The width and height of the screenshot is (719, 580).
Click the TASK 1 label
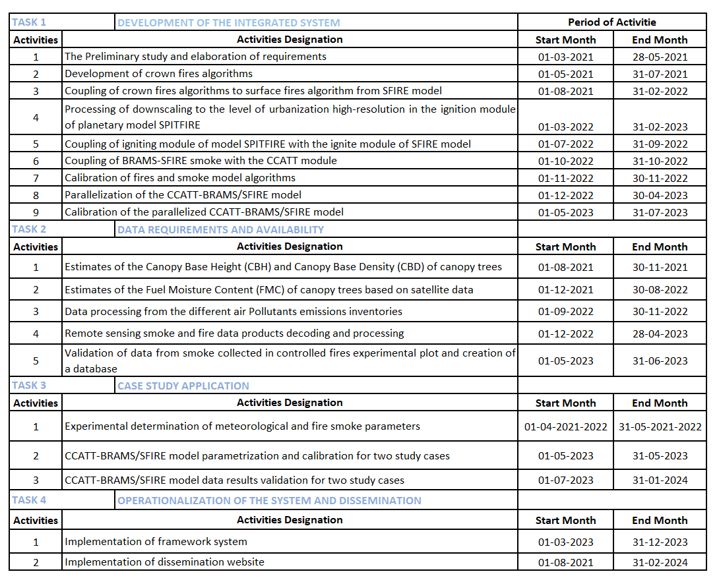tap(30, 22)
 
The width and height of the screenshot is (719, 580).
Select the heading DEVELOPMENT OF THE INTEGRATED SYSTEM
tap(228, 22)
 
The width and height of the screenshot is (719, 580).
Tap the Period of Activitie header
tap(612, 22)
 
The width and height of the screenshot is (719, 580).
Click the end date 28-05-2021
tap(660, 57)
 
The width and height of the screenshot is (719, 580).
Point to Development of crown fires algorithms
tap(158, 74)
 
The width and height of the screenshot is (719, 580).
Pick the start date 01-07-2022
tap(565, 144)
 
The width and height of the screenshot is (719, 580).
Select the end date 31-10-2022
tap(660, 161)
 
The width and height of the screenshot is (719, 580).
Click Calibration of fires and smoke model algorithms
tap(180, 178)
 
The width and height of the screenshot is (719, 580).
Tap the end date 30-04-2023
tap(660, 195)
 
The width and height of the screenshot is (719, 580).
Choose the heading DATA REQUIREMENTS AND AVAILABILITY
tap(220, 229)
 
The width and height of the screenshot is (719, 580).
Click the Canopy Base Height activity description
tap(283, 267)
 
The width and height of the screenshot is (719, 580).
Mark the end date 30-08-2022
tap(660, 289)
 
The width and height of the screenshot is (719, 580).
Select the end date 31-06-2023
tap(660, 361)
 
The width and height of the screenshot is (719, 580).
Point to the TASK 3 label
tap(30, 386)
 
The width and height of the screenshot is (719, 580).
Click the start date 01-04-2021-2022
tap(565, 426)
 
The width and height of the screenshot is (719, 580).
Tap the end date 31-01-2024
tap(660, 480)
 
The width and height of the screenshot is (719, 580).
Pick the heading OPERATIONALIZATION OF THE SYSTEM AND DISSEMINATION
tap(269, 500)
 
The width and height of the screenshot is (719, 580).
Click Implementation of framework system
tap(156, 542)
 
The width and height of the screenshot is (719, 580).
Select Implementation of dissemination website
tap(164, 562)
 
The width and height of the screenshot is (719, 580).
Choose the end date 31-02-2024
tap(660, 562)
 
